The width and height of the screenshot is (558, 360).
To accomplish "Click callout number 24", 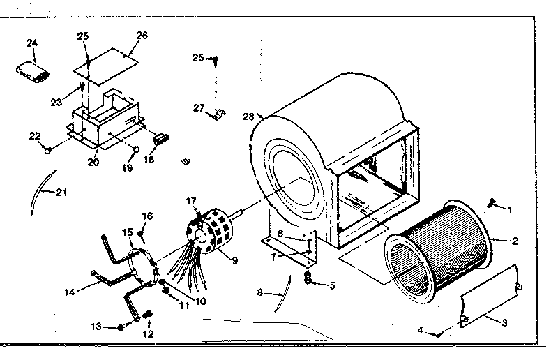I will (x=31, y=43).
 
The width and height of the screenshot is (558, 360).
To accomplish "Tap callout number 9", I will (x=235, y=262).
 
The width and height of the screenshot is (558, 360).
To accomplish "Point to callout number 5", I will (x=332, y=285).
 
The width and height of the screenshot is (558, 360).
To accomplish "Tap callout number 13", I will (x=96, y=326).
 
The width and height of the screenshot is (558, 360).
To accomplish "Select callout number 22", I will (x=34, y=136).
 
